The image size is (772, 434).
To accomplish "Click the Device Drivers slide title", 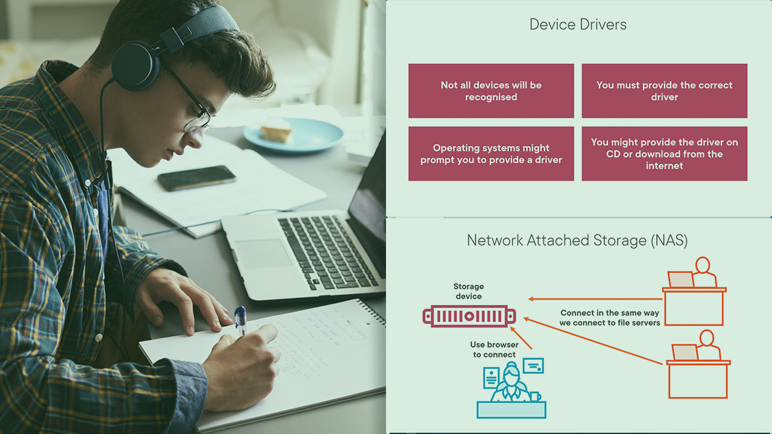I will (578, 25).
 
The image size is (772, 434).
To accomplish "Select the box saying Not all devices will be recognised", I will (491, 91).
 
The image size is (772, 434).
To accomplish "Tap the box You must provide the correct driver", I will (664, 91).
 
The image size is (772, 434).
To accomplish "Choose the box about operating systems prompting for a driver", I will (491, 154).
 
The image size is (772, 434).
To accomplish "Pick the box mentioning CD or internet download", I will (664, 154).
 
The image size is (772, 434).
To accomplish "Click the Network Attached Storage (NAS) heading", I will (577, 241).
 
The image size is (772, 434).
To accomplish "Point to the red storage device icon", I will (469, 316).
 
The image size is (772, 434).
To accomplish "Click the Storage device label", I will (469, 291).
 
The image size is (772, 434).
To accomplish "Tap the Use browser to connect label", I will (494, 350).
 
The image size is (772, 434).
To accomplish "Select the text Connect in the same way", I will (610, 313).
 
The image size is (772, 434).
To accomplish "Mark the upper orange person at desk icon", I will (694, 292).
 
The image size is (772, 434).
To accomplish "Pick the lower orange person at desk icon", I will (698, 364).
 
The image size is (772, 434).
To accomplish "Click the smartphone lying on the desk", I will (197, 178).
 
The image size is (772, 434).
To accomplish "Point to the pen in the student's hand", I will (241, 320).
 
